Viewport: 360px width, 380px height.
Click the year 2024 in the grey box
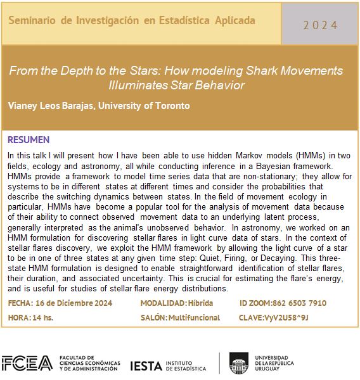[x=320, y=25]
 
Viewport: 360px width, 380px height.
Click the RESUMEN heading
[x=29, y=139]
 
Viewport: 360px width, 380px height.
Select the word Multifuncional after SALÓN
[x=194, y=317]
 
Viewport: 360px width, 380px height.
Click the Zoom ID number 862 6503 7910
[x=301, y=303]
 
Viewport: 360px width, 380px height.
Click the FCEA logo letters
[x=27, y=363]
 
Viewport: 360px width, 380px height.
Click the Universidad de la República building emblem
[x=240, y=363]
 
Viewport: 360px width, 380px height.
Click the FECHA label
[x=22, y=303]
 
